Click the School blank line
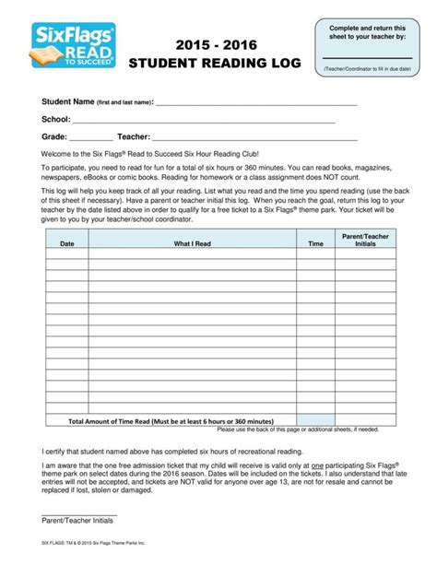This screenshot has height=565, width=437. [203, 121]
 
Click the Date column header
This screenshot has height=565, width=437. [67, 244]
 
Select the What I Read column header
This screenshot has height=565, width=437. [193, 244]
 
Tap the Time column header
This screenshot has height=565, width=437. [315, 244]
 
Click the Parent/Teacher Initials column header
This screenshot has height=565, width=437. [365, 241]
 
